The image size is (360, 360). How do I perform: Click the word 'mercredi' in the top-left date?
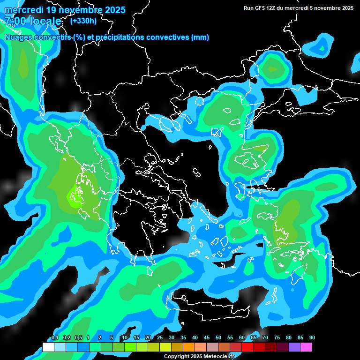(x=23, y=10)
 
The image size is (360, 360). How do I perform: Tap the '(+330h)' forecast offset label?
(x=83, y=21)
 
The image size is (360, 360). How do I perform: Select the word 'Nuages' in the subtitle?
(x=19, y=37)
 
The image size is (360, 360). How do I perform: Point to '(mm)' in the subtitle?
(x=200, y=37)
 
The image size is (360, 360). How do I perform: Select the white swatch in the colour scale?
(x=48, y=347)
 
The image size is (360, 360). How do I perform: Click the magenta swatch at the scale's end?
(x=306, y=347)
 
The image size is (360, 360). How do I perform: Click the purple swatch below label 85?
(x=294, y=347)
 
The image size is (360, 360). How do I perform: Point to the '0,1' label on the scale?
(x=55, y=338)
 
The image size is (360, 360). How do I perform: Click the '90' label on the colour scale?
(x=312, y=338)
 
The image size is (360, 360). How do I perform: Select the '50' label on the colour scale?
(x=218, y=338)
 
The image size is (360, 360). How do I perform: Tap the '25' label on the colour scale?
(x=160, y=338)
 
